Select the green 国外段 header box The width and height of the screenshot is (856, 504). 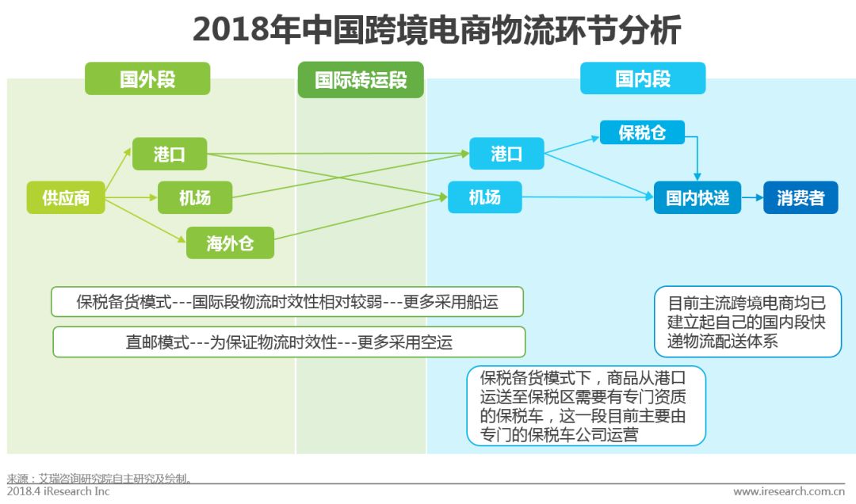click(x=147, y=79)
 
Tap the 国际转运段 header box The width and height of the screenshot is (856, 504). click(x=361, y=79)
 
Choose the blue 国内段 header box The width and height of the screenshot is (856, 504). click(x=643, y=79)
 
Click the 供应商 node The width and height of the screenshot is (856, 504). click(x=66, y=197)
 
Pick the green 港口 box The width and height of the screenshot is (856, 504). click(x=169, y=154)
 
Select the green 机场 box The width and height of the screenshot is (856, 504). click(x=195, y=197)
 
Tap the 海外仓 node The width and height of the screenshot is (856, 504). click(x=230, y=242)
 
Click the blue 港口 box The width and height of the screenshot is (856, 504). click(x=506, y=154)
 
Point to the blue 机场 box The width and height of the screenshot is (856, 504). click(x=485, y=197)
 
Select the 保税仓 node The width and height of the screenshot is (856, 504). click(x=641, y=133)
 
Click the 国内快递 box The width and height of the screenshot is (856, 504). click(x=697, y=197)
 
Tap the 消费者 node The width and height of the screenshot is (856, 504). click(x=801, y=197)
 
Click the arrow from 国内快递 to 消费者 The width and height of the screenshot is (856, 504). click(x=752, y=197)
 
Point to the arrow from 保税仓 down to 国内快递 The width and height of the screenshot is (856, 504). click(x=697, y=158)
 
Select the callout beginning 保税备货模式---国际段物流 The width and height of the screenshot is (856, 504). click(x=288, y=301)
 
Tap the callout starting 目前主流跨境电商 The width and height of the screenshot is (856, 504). click(x=747, y=322)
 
